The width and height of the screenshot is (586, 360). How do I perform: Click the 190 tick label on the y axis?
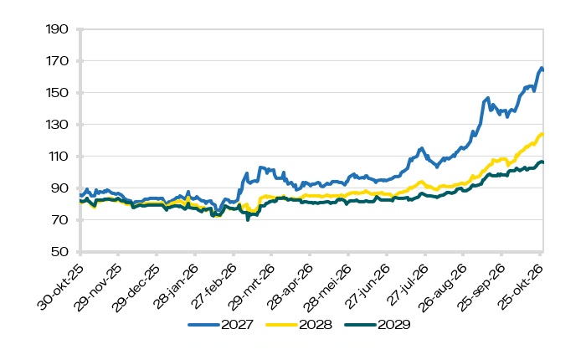[57, 29]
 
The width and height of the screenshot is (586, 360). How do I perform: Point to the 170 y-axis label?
[57, 61]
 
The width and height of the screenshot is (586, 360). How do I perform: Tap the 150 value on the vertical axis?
[57, 93]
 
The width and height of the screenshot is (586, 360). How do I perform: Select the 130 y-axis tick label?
[57, 125]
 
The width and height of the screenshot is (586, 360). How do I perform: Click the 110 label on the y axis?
[57, 157]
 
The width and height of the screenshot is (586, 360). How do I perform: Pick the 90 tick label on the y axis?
[59, 188]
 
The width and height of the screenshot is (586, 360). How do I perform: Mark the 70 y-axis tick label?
[59, 220]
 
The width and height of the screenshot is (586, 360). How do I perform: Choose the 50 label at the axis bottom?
[59, 252]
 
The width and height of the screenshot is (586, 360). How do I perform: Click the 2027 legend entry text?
[237, 325]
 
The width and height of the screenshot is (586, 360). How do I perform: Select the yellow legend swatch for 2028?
[282, 325]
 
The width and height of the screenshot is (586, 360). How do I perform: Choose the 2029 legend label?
[394, 325]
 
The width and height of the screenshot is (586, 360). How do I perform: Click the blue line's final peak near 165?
[541, 68]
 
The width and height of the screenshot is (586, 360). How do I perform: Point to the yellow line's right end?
[542, 134]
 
